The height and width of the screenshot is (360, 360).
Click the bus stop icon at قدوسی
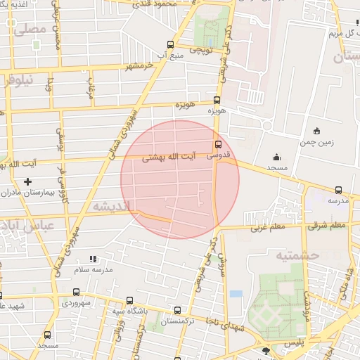[x=217, y=146]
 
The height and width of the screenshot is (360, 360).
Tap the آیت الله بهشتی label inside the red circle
[x=164, y=158]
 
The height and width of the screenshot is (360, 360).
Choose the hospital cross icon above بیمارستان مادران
[x=28, y=182]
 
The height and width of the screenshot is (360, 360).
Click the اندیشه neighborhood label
[x=108, y=205]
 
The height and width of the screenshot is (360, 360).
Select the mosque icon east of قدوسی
[x=276, y=157]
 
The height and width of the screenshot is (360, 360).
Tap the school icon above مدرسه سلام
[x=93, y=259]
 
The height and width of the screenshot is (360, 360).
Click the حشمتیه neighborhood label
[x=297, y=255]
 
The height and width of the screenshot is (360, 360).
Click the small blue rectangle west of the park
[x=236, y=293]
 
